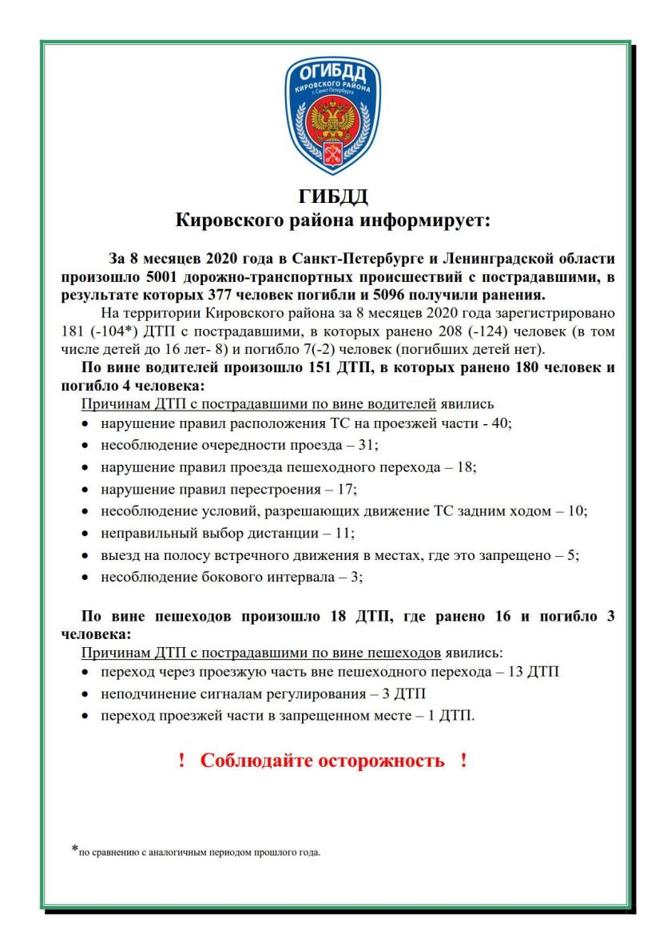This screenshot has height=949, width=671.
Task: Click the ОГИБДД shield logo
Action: point(333,115)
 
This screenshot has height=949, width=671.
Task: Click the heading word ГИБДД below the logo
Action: point(333,197)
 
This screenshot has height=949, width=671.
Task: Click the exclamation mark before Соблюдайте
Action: point(181,760)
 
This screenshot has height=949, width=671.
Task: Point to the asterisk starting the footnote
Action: point(74,849)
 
